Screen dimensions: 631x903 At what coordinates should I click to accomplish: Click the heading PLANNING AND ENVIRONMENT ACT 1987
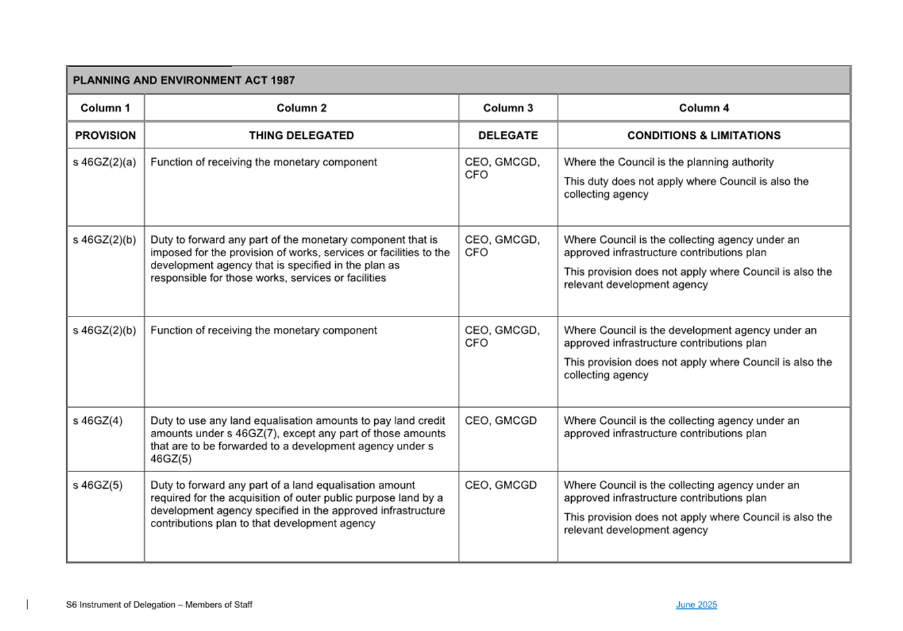[183, 80]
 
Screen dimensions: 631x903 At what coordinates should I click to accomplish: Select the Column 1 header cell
[105, 108]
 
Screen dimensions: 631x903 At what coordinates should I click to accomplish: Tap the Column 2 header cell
[302, 108]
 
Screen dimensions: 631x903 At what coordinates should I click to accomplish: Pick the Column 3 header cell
[508, 108]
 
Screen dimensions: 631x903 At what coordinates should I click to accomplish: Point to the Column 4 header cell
[704, 108]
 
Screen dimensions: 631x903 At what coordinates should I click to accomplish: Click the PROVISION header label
[105, 135]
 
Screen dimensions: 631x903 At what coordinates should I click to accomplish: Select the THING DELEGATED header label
[302, 135]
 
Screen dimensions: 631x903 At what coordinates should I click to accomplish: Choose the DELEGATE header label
[508, 135]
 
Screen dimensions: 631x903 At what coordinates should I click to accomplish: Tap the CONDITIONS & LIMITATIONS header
[704, 135]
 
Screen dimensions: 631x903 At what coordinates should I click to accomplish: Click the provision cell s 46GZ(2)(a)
[105, 162]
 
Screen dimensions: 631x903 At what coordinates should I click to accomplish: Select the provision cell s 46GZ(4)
[98, 421]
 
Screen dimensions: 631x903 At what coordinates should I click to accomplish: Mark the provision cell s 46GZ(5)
[98, 485]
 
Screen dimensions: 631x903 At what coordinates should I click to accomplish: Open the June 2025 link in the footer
[697, 605]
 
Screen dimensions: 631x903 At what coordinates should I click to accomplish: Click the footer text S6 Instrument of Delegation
[159, 605]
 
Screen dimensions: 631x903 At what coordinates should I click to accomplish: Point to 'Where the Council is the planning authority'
[668, 162]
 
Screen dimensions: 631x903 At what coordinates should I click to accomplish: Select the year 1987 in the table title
[282, 80]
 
